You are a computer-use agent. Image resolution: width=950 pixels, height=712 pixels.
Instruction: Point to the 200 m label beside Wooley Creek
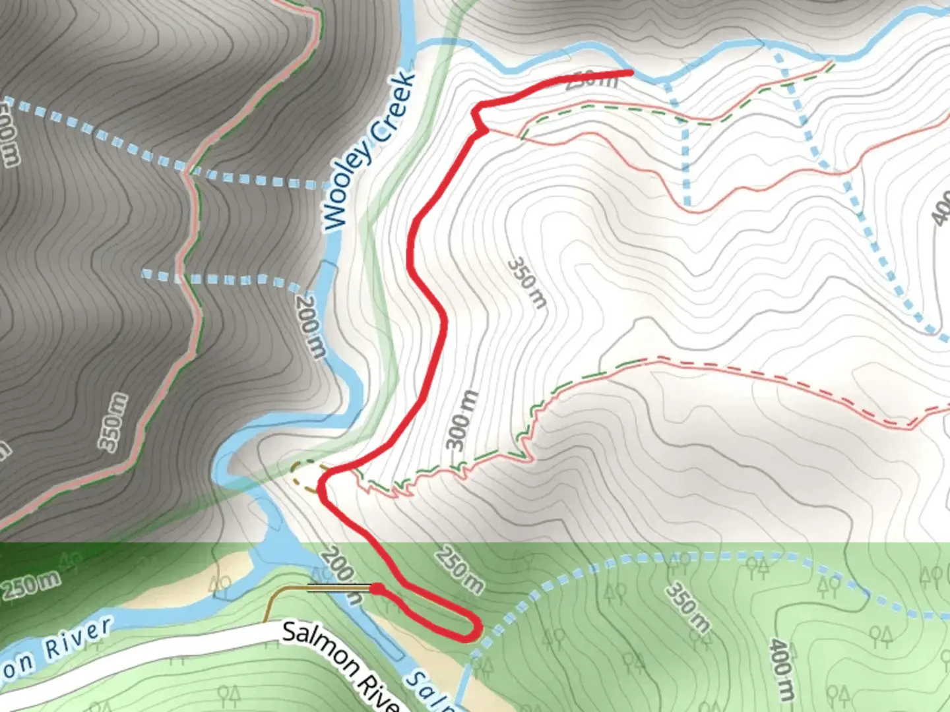[309, 326]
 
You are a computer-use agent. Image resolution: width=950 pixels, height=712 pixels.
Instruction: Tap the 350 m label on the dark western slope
[113, 422]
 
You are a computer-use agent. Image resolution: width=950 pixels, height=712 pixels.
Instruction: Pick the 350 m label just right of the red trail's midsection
[527, 283]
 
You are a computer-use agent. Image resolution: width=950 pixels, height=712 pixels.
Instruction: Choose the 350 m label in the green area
[687, 607]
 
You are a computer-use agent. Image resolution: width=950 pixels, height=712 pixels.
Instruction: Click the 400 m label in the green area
[782, 670]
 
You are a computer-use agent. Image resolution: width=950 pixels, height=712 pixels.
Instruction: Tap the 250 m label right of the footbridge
[459, 568]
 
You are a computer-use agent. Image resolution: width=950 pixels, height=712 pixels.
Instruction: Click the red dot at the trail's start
[376, 587]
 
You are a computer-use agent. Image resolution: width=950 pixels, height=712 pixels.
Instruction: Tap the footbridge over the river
[330, 587]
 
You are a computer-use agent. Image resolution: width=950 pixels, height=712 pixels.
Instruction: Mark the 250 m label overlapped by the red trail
[591, 80]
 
